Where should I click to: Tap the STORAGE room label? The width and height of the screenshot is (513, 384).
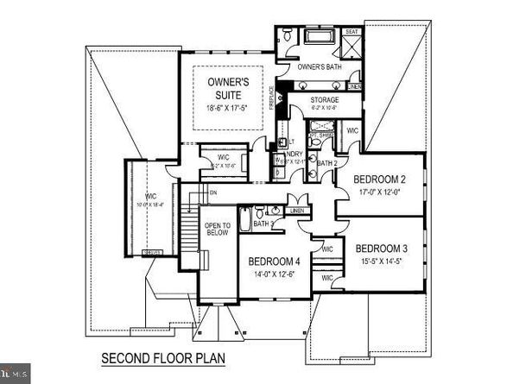click(324, 100)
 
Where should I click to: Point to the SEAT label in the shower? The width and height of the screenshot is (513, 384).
click(352, 32)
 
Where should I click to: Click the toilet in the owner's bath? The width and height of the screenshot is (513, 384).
click(287, 38)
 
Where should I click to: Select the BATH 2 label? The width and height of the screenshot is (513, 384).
click(326, 162)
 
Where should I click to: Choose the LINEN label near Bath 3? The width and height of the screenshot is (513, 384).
click(298, 211)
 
